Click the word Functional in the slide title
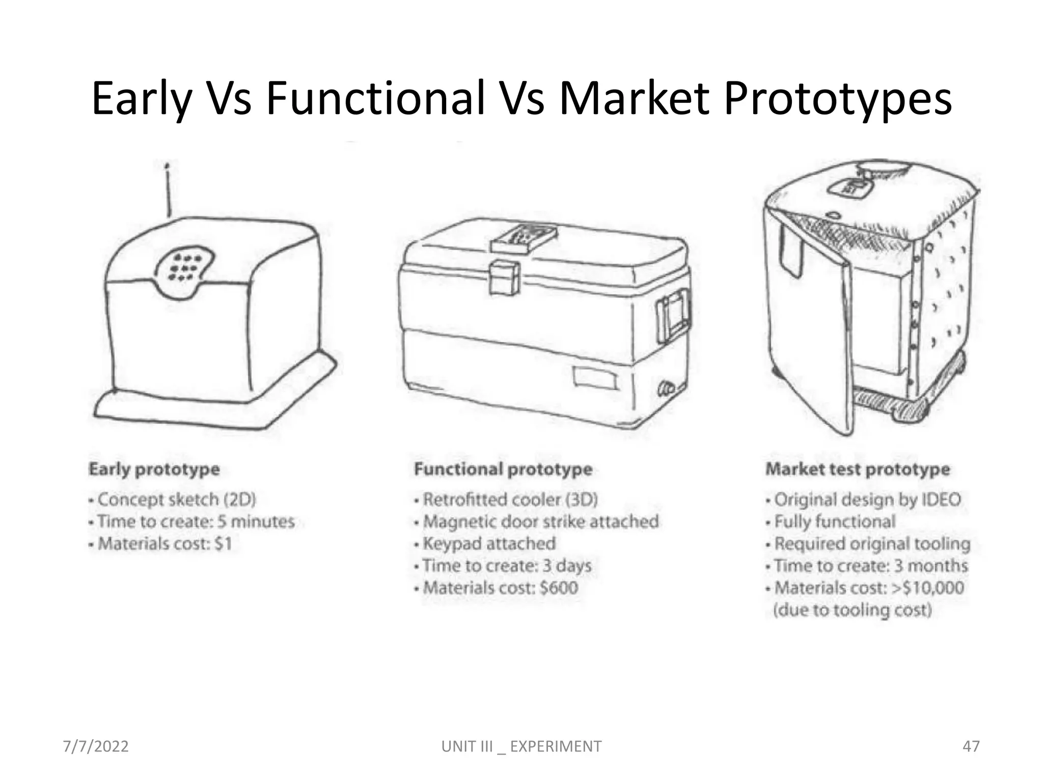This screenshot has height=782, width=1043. point(375,98)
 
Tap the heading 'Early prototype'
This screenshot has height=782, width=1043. point(154,469)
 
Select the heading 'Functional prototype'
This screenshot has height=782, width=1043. point(503,469)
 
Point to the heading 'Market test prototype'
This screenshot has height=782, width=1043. point(858,469)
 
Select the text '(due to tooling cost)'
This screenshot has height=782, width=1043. point(853,610)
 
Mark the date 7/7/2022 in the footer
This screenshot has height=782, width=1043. point(96,746)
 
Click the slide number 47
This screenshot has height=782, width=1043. point(971,746)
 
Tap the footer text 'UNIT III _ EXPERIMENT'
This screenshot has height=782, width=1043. point(521,746)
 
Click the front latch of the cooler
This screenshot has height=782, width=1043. point(504,277)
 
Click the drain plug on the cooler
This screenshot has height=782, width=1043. point(666,388)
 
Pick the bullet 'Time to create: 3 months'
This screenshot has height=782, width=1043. point(870,566)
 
